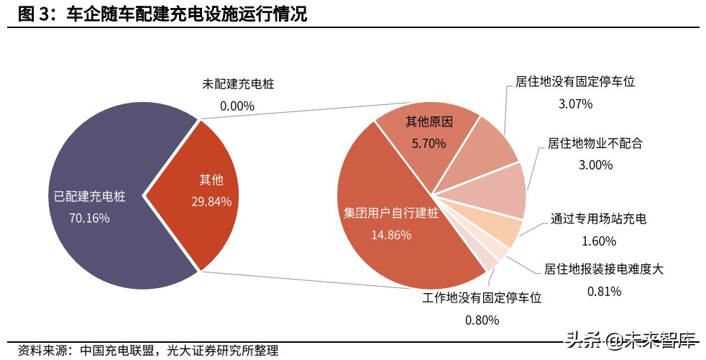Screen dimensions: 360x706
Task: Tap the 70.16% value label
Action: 89,218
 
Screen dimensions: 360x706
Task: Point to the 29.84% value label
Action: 211,202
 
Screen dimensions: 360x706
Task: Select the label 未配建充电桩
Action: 238,84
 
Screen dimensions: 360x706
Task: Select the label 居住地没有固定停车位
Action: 575,82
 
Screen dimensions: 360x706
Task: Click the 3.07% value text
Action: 575,103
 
